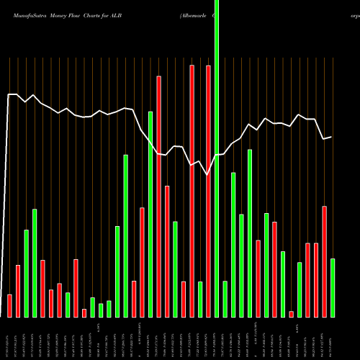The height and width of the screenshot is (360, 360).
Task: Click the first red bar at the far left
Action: coord(10,305)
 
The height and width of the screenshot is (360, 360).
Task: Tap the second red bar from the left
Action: coord(18,291)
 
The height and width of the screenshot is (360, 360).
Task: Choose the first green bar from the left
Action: coord(27,273)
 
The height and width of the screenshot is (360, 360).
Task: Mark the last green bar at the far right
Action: coord(333,287)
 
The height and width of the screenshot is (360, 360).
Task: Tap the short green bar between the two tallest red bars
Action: coord(200,299)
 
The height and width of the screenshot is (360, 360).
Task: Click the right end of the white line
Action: coord(331,136)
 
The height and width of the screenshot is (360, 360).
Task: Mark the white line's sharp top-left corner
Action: coord(9,94)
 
